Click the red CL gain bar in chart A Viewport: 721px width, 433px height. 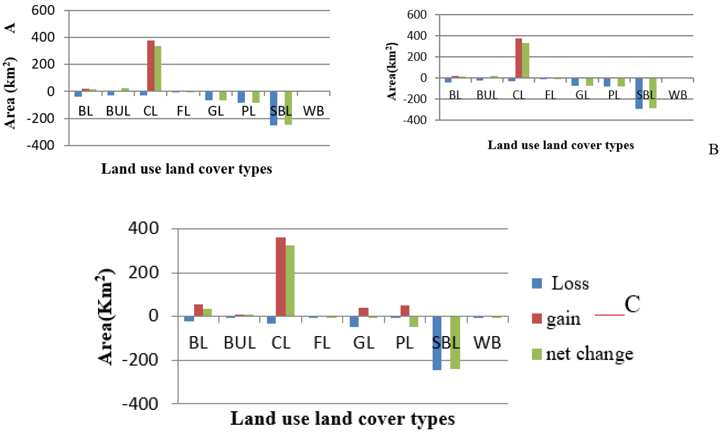point(151,66)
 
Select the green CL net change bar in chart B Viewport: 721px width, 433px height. point(525,60)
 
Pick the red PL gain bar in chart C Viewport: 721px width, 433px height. point(405,311)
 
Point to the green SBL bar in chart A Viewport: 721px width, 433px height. point(288,108)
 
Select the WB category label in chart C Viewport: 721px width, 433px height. point(487,343)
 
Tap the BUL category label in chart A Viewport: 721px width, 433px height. point(118,111)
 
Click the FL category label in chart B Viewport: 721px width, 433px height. point(550,95)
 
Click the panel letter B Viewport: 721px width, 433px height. point(713,150)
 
